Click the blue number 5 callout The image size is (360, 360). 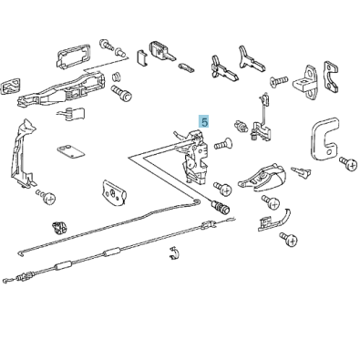pyautogui.click(x=204, y=120)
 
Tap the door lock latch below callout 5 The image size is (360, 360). pyautogui.click(x=194, y=155)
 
